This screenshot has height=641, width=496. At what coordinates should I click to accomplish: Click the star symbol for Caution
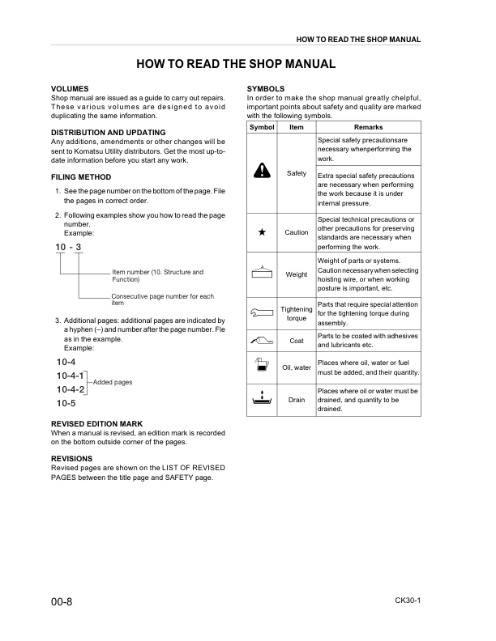point(262,231)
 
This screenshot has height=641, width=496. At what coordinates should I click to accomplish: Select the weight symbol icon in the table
point(263,273)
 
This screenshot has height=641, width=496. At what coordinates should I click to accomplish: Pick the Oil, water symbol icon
point(262,367)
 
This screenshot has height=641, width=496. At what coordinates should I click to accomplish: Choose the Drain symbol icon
point(263,399)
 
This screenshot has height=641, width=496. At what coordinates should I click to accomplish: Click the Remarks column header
point(368,127)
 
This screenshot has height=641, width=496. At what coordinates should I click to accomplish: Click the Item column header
point(297,127)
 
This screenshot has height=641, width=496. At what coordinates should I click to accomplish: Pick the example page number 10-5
point(66,402)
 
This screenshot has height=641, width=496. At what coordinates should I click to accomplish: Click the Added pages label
point(113,381)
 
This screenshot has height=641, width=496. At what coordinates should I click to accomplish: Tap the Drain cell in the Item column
point(297,400)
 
